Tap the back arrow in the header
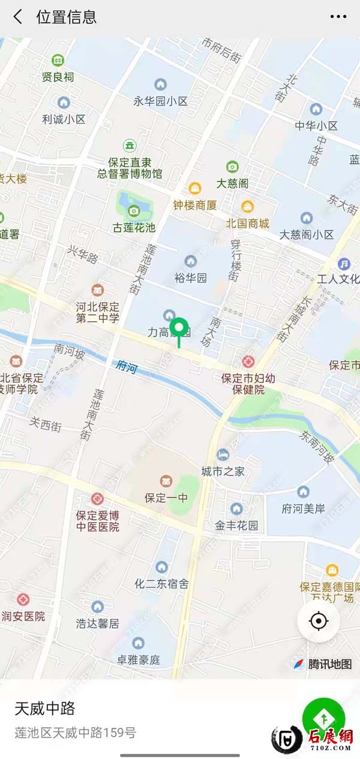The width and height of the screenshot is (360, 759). pyautogui.click(x=18, y=17)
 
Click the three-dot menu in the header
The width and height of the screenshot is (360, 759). pyautogui.click(x=338, y=17)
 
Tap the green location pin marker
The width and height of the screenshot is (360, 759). pyautogui.click(x=178, y=329)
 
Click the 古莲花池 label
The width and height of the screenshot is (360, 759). pyautogui.click(x=134, y=227)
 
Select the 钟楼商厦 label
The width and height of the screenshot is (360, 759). pyautogui.click(x=195, y=205)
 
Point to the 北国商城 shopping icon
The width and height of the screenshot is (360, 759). pyautogui.click(x=247, y=206)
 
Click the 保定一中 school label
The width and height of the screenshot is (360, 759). pyautogui.click(x=166, y=497)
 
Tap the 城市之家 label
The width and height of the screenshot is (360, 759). pyautogui.click(x=223, y=471)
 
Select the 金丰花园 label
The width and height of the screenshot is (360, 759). pyautogui.click(x=236, y=526)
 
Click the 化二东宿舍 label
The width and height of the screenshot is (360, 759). pyautogui.click(x=161, y=583)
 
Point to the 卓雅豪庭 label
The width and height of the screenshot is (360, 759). pyautogui.click(x=139, y=660)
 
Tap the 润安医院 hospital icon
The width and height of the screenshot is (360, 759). pyautogui.click(x=23, y=599)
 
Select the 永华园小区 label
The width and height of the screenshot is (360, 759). pyautogui.click(x=160, y=101)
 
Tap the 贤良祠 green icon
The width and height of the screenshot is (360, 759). pyautogui.click(x=58, y=60)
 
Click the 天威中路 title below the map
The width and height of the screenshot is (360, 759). pyautogui.click(x=45, y=708)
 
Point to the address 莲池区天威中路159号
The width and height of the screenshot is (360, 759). pyautogui.click(x=76, y=733)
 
